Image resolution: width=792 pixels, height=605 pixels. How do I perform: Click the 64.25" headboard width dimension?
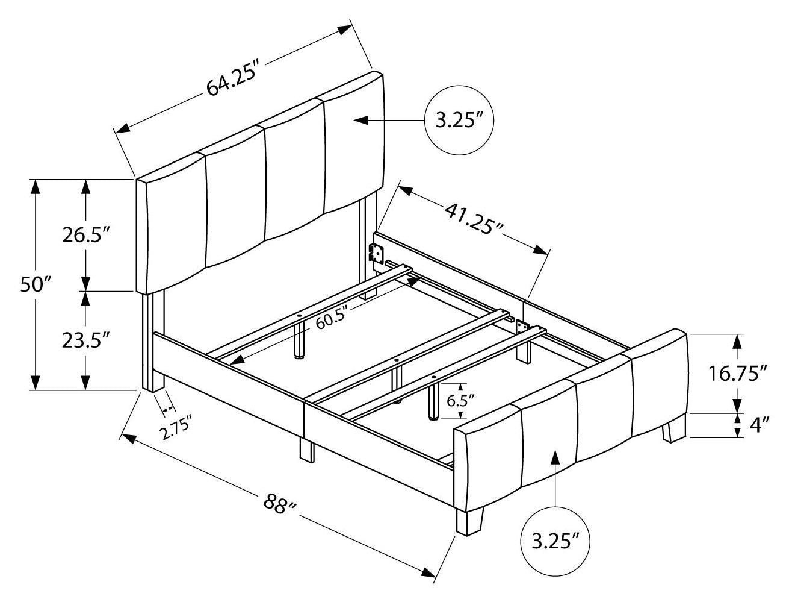(232, 80)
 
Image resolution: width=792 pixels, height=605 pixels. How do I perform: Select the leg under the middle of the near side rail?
(306, 450)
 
